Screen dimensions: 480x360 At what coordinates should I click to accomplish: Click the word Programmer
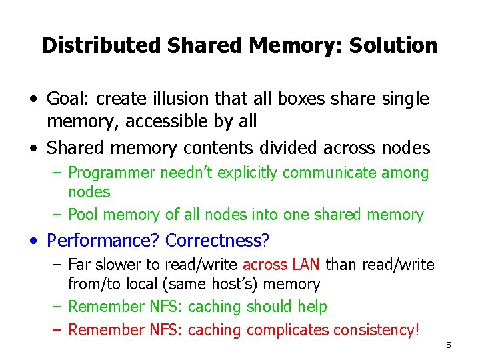point(113,173)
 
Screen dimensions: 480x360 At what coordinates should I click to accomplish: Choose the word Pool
point(83,215)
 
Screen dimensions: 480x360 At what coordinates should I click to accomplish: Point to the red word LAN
point(307,265)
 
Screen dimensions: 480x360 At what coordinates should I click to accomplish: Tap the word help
point(313,307)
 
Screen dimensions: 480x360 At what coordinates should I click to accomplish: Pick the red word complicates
point(288,329)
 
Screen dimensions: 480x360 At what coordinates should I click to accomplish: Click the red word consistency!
point(376,329)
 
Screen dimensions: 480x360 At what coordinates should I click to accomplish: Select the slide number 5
point(449,345)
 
